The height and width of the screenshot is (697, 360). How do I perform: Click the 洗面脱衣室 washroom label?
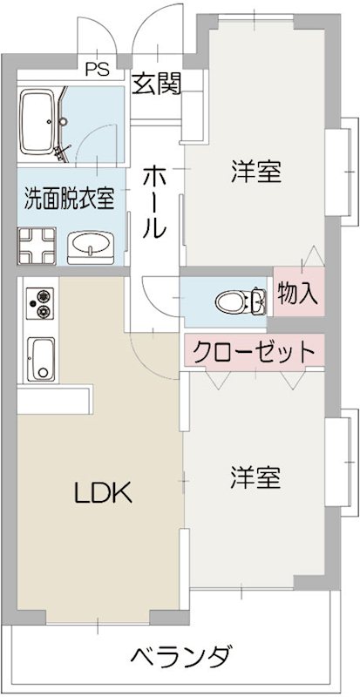tap(69, 198)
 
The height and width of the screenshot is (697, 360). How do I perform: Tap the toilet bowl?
tap(230, 301)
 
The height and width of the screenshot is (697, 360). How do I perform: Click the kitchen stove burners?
tap(39, 304)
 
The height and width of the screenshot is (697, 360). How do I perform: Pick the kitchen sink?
tap(40, 355)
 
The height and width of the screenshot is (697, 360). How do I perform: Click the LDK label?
tap(102, 494)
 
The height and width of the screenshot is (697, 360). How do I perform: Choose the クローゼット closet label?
tap(252, 353)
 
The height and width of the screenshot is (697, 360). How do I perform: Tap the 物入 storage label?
tap(296, 294)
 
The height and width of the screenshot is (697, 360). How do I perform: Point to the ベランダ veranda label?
tap(182, 655)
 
